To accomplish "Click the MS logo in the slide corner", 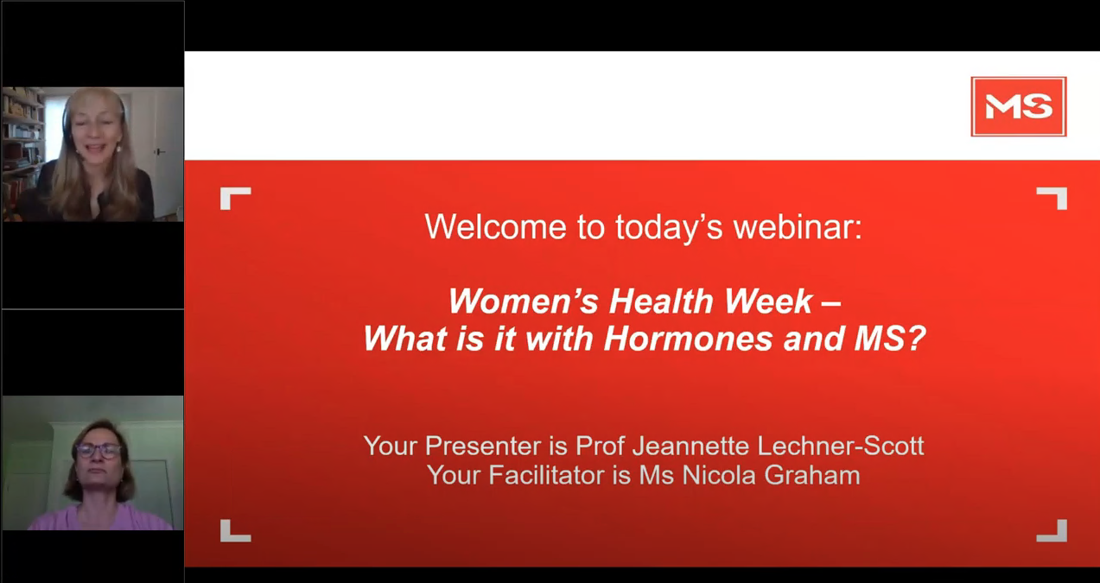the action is click(1019, 106).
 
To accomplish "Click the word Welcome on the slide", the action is click(495, 226).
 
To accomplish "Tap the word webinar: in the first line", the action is click(798, 226).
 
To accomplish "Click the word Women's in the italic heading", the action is click(524, 301).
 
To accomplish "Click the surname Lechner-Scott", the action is click(841, 446).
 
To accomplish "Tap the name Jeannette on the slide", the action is click(691, 446).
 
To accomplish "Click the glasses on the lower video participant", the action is click(98, 451).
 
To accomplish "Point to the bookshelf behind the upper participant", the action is click(22, 143).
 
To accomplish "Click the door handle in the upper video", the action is click(159, 152).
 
